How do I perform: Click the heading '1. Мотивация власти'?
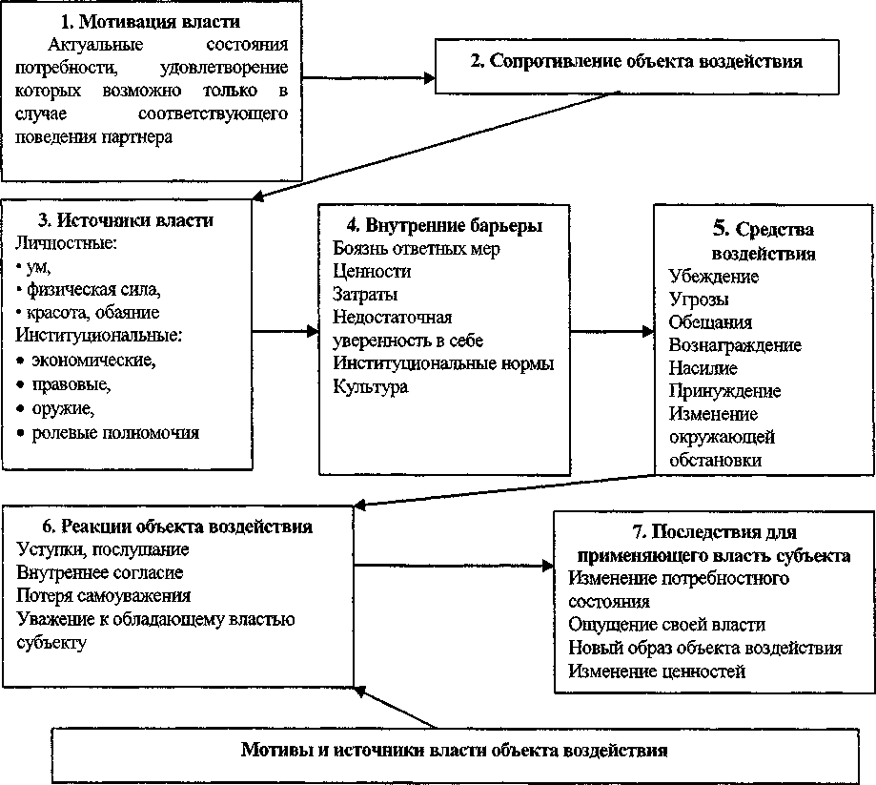153,23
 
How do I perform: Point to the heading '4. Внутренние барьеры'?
444,226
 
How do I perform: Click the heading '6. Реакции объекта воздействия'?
178,527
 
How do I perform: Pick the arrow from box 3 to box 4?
287,331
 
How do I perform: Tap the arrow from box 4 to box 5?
611,331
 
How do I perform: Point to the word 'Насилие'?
703,368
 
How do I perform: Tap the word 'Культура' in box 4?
371,386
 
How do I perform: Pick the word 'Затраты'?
366,295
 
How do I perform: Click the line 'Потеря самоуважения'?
104,596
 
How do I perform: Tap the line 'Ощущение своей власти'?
666,626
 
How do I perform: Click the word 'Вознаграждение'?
735,345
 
